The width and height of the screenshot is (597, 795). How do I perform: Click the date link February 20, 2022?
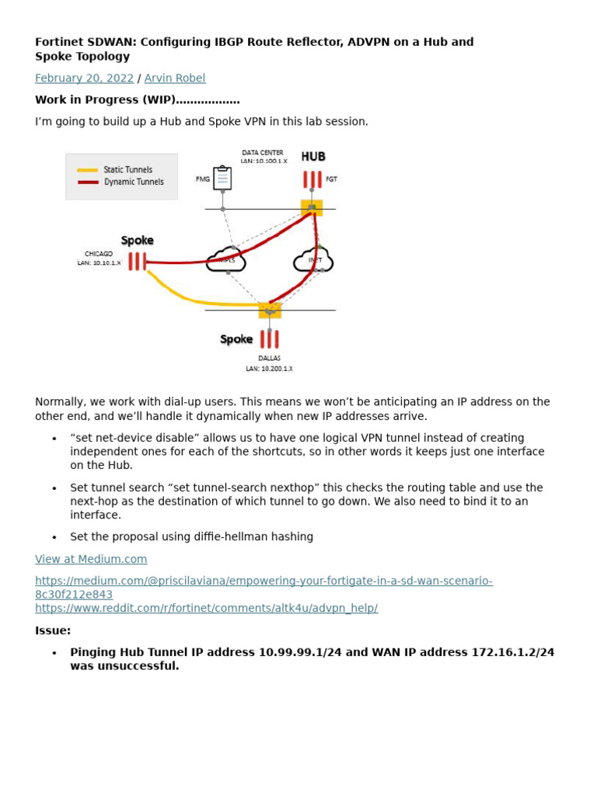coord(84,78)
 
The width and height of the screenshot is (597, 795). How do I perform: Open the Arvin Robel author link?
coord(175,78)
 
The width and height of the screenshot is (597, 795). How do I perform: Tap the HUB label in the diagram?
coord(313,157)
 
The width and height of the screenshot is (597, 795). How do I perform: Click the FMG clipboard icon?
coord(222,178)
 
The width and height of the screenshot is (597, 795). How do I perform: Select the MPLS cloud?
coord(226,260)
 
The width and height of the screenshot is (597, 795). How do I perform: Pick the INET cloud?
coord(313,260)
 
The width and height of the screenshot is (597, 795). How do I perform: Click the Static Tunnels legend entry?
coord(127,170)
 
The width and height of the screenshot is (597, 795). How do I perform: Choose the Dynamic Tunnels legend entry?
coord(133,182)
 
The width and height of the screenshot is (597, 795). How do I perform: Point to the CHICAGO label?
coord(99,254)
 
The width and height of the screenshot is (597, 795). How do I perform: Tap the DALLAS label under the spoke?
coord(269,359)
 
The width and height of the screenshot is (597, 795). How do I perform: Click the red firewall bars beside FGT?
coord(312,179)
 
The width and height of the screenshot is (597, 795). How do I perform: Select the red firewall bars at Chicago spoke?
coord(137,262)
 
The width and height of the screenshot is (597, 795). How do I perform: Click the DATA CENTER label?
coord(263,153)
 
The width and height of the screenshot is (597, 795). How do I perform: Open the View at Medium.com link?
coord(91,559)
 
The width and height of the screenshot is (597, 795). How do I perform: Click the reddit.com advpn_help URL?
coord(206,608)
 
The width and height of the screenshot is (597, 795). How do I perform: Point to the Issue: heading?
coord(53,630)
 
